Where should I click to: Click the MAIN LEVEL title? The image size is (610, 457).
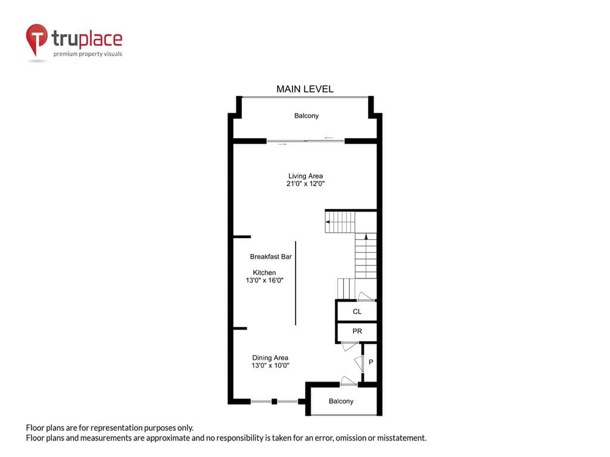[x=304, y=89]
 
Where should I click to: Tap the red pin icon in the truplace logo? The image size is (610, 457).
[x=36, y=39]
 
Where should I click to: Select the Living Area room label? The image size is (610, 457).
[x=306, y=176]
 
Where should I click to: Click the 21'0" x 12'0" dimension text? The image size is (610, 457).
[x=306, y=184]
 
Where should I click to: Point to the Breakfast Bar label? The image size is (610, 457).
[x=271, y=256]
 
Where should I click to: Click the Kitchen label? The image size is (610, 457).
[x=264, y=273]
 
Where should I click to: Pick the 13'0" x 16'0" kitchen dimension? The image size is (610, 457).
[x=264, y=280]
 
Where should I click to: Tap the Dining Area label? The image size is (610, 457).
[x=270, y=358]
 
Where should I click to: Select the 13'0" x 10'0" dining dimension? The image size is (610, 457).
[x=270, y=365]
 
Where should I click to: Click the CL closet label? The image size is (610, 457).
[x=357, y=312]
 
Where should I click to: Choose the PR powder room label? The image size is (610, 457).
[x=357, y=331]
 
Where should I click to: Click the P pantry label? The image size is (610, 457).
[x=371, y=362]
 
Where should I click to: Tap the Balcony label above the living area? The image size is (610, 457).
[x=306, y=116]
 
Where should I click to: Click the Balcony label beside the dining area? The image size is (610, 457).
[x=341, y=401]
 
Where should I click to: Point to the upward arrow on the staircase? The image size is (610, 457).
[x=366, y=236]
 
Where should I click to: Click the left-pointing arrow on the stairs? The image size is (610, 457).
[x=328, y=222]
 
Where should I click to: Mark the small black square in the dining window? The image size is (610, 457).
[x=274, y=402]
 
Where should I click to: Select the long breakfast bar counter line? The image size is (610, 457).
[x=295, y=283]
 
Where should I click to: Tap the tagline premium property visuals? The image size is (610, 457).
[x=88, y=54]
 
